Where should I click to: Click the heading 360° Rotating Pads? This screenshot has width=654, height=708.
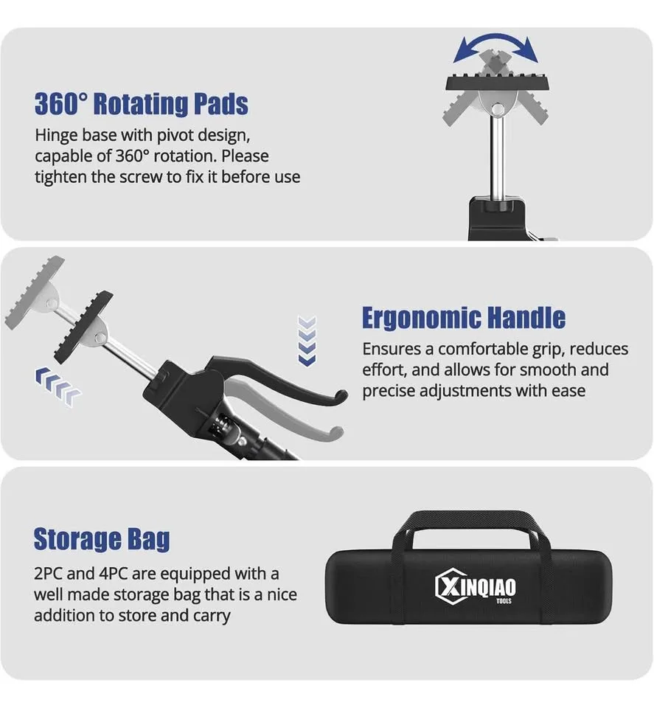[141, 104]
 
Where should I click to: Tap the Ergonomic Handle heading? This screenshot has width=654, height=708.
[463, 318]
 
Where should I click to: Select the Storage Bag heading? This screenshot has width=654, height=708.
[102, 539]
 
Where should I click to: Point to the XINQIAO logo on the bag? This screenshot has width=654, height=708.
[476, 587]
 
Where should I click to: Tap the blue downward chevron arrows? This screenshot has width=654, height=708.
[307, 341]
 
